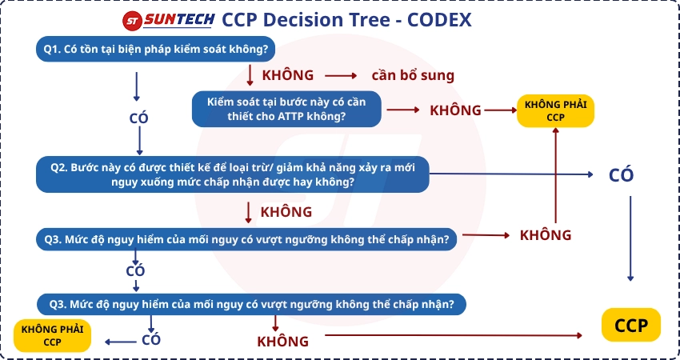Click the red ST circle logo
pos(133,20)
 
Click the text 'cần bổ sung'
pos(413,76)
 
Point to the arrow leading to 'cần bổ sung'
pos(341,76)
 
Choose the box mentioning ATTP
pos(286,109)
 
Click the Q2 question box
pos(233,174)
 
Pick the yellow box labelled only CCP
pos(631,326)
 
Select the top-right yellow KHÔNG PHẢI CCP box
pos(555,110)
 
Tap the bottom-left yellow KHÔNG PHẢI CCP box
pos(52,335)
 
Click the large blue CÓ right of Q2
pos(621,175)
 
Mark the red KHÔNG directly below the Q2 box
pos(286,212)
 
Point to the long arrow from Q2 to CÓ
pos(512,174)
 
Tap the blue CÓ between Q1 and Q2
pos(138,118)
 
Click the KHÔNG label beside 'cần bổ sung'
pos(288,75)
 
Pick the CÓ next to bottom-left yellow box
pos(151,340)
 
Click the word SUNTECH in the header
pos(180,20)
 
